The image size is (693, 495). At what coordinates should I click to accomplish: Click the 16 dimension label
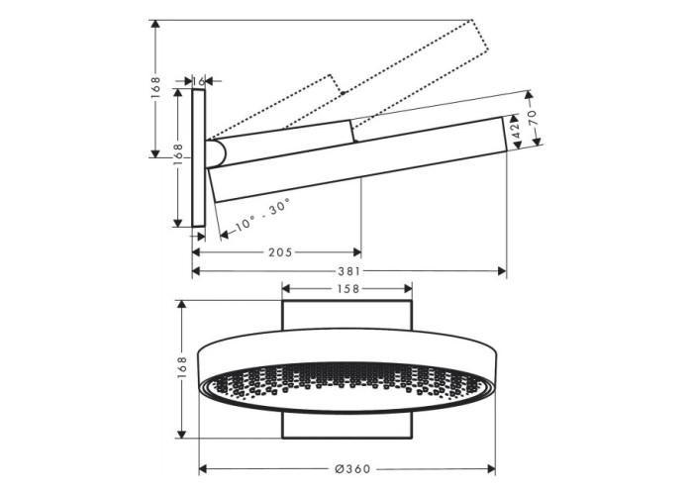pos(199,81)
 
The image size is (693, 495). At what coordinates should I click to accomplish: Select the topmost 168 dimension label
pos(155,87)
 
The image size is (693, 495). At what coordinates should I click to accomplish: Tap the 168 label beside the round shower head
pos(182,367)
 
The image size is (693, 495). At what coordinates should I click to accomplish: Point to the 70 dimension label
pos(533,118)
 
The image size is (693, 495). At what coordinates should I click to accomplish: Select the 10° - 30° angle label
pos(262,215)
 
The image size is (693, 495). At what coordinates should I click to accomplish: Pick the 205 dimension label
pos(280,252)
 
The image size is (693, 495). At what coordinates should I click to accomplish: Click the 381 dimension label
pos(349,271)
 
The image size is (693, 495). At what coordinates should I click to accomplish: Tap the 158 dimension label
pos(347,289)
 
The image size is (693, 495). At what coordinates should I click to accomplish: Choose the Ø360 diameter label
pos(352,468)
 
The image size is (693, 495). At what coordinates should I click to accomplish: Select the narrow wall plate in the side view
pos(199,157)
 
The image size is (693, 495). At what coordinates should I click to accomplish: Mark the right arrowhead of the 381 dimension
pos(502,271)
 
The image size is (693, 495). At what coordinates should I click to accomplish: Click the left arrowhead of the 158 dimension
pos(286,289)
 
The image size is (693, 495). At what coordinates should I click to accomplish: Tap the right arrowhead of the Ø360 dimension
pos(491,468)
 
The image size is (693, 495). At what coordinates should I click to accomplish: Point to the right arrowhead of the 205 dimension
pos(357,252)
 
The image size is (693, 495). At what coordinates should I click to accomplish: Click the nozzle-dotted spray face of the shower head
pos(347,385)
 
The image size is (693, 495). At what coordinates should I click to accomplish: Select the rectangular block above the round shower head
pos(346,315)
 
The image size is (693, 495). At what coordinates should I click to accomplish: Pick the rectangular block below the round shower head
pos(346,425)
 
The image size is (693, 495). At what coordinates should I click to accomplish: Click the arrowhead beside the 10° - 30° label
pos(224,235)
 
